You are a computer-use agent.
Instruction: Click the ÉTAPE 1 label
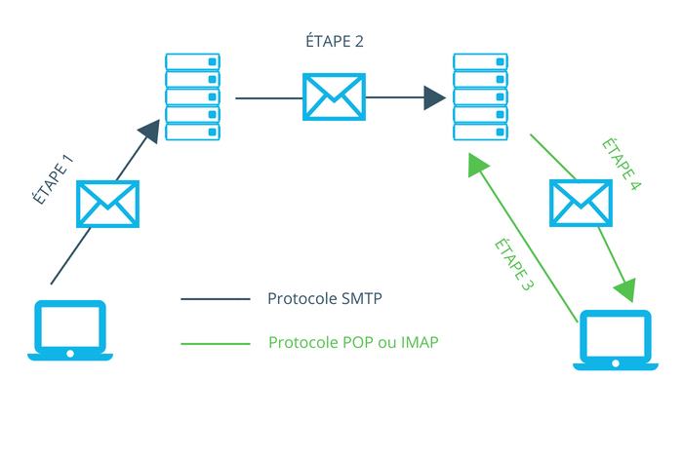coord(53,179)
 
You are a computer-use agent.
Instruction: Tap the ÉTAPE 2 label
coord(335,41)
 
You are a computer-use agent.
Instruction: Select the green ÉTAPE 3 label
coord(514,264)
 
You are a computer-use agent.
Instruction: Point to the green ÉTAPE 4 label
coord(622,164)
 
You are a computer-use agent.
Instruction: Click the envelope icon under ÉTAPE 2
coord(334,96)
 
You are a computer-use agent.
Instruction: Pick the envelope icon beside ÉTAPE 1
coord(107,204)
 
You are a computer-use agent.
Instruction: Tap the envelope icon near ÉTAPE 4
coord(581,203)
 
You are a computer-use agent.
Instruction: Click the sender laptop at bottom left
coord(70,330)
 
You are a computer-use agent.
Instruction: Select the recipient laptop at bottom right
coord(616,340)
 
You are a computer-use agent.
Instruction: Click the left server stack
coord(192,96)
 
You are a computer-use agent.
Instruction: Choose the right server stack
coord(480,96)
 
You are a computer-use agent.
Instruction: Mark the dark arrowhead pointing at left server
coord(150,131)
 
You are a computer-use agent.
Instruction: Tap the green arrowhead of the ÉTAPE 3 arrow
coord(477,165)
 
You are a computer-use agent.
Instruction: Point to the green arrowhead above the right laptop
coord(625,289)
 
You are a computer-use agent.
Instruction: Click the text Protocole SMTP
coord(325,298)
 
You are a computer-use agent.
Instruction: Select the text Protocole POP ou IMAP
coord(353,342)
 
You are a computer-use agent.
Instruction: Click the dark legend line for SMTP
coord(216,299)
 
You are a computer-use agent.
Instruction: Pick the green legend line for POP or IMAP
coord(216,344)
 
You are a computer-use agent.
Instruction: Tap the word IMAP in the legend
coord(420,342)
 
